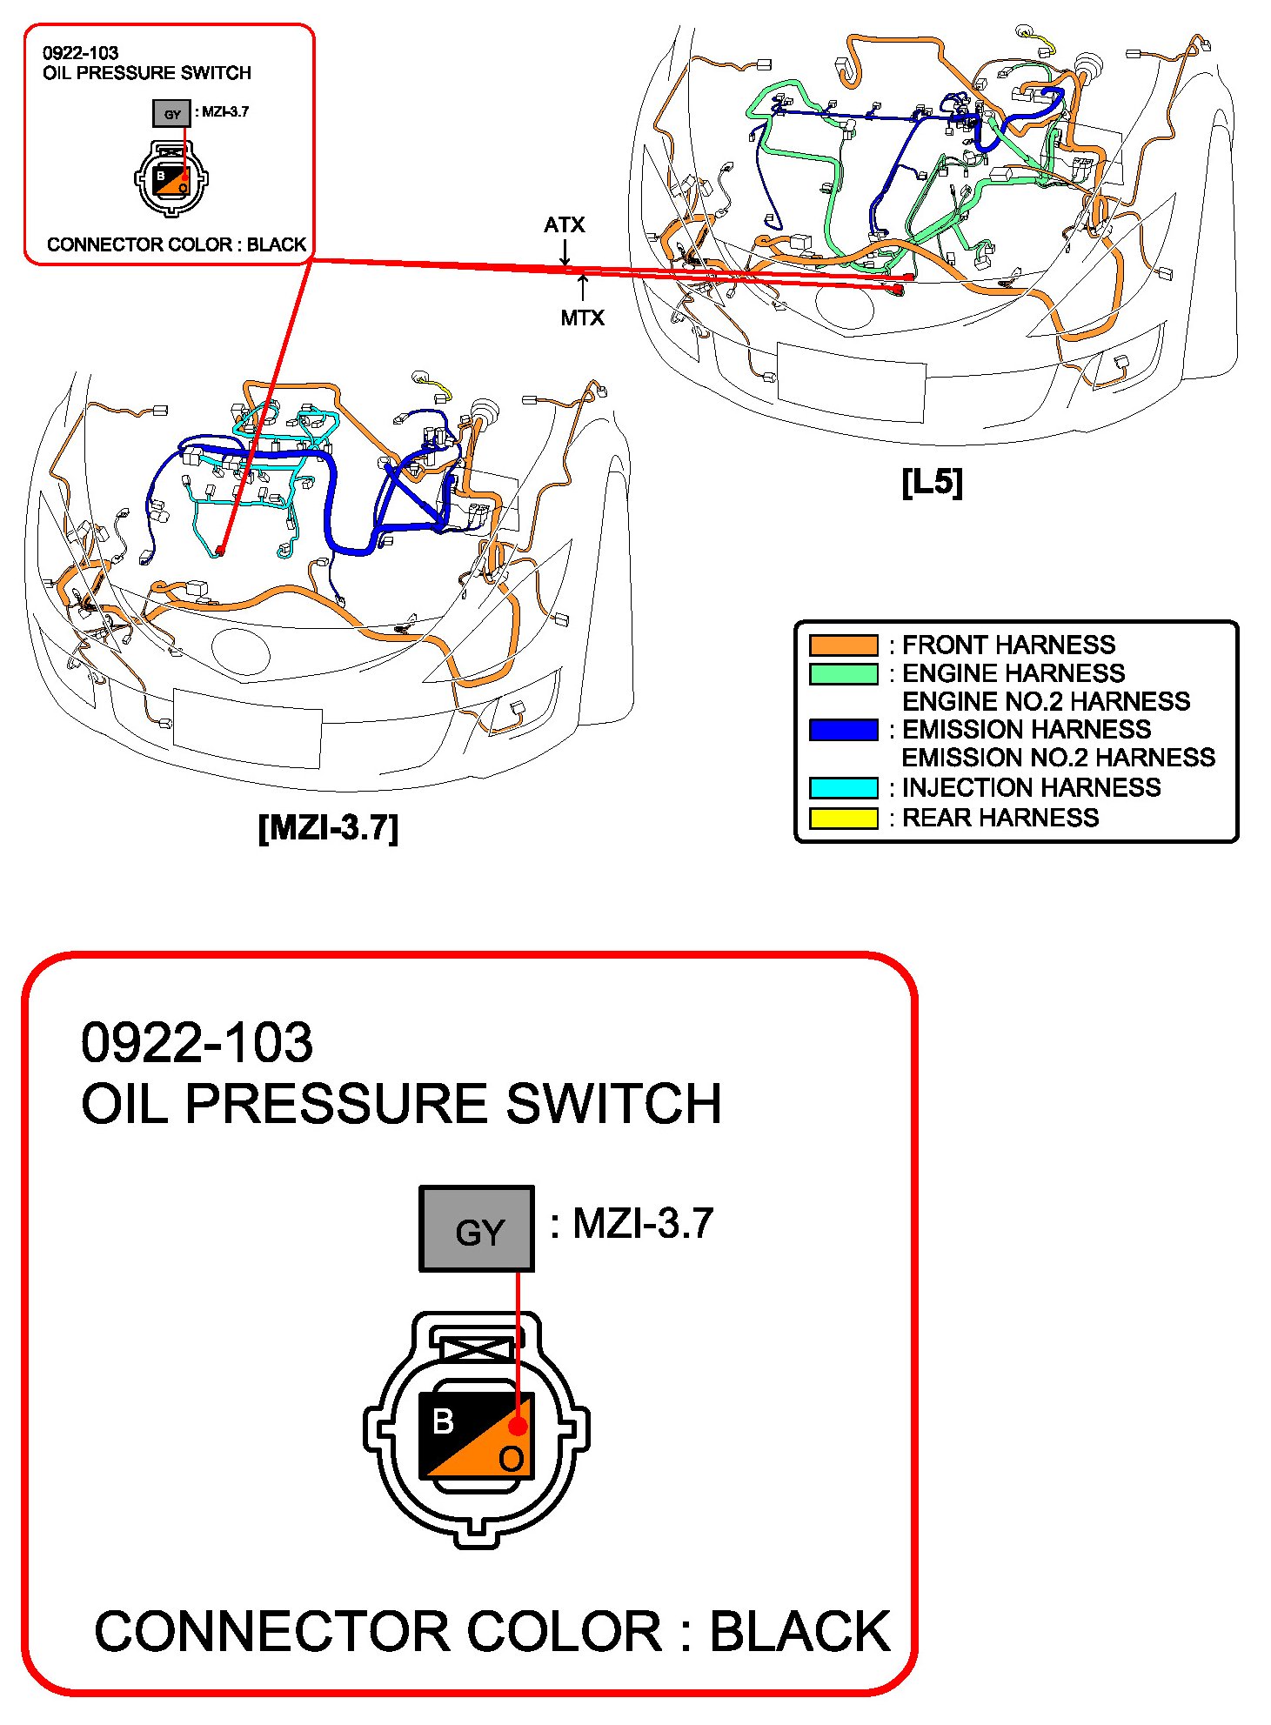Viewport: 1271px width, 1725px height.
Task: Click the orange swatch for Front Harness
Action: click(843, 645)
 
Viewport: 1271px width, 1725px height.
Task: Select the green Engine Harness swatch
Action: click(843, 673)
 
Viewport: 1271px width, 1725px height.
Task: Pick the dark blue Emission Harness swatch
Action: click(843, 729)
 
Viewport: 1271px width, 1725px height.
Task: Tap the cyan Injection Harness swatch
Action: click(843, 787)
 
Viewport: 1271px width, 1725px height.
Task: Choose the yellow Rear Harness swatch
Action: click(843, 818)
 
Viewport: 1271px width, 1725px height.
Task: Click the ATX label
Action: click(565, 225)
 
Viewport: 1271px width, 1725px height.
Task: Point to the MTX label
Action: click(582, 318)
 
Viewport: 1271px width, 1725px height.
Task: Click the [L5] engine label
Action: click(932, 482)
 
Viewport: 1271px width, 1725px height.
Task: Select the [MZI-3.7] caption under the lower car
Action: click(328, 827)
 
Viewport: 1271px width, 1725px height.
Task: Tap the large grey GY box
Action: click(477, 1228)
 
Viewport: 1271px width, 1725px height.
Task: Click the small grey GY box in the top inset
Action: click(171, 113)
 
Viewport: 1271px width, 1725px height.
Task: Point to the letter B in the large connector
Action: click(443, 1421)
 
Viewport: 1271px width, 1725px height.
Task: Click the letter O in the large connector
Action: click(512, 1459)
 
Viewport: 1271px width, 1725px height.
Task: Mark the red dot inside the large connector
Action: click(518, 1427)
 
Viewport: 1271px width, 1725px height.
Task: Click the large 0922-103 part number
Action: click(197, 1042)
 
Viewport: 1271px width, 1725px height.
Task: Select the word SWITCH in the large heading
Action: click(614, 1104)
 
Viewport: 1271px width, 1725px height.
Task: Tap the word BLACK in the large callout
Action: click(800, 1631)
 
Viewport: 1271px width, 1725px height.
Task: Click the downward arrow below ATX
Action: click(565, 251)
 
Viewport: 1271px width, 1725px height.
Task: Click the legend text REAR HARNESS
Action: click(1000, 818)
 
